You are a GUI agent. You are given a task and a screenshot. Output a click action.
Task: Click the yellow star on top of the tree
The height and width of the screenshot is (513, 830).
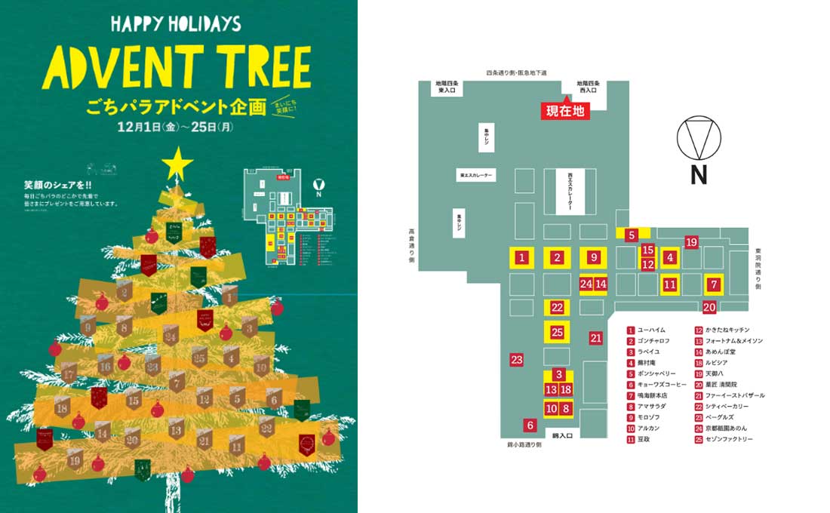click(x=178, y=164)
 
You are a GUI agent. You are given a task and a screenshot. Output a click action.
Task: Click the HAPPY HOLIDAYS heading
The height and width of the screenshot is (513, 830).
click(x=176, y=23)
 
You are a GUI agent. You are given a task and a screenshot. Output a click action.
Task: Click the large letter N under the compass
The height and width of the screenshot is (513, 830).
click(x=699, y=175)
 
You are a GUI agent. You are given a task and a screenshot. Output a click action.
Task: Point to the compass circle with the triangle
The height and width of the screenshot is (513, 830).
click(x=699, y=135)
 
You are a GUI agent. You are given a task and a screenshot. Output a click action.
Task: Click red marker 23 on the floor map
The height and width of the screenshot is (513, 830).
click(x=517, y=360)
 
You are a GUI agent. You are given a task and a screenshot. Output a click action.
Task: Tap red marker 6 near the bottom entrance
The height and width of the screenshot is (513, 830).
click(x=530, y=425)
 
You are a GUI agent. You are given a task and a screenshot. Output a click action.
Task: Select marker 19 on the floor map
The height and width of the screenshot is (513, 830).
click(x=691, y=242)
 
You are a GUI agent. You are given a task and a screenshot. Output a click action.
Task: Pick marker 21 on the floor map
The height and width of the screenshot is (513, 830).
click(x=596, y=338)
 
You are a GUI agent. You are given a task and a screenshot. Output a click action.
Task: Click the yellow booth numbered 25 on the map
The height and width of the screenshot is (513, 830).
click(x=557, y=332)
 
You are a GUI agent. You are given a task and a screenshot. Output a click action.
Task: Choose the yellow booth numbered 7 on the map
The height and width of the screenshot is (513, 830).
click(x=714, y=285)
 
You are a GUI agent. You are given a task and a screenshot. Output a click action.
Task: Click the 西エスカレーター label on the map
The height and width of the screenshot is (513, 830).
click(x=570, y=193)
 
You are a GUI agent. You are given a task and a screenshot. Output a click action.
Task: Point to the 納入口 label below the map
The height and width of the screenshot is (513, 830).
click(x=562, y=435)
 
